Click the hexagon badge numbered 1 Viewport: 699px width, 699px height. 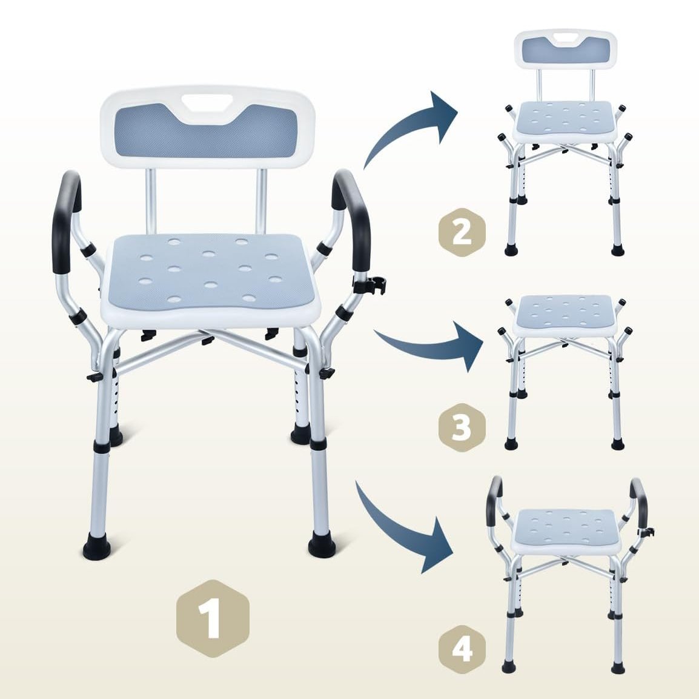pos(213,619)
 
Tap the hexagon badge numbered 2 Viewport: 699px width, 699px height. pos(462,232)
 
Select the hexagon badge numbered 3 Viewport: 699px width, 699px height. pos(462,427)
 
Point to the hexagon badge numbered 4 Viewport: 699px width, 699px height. pos(462,649)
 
